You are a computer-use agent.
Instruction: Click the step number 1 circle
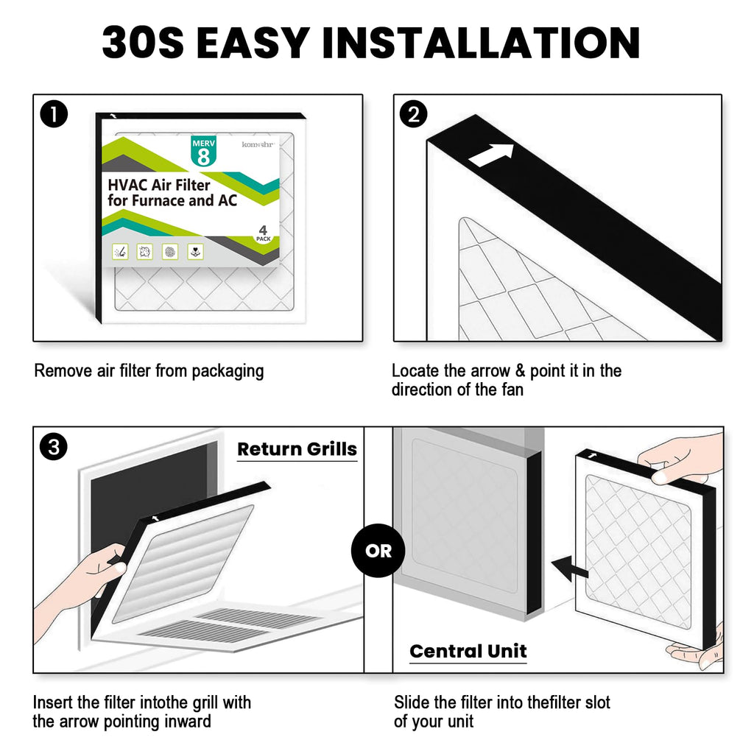pos(54,114)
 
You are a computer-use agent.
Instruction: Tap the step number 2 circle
pos(414,114)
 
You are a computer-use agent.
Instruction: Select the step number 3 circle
pos(53,447)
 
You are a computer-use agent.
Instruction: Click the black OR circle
pos(378,551)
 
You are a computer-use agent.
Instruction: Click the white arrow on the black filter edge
pos(491,155)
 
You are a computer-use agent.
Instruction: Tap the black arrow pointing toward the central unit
pos(570,568)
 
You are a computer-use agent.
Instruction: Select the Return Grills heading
pos(297,448)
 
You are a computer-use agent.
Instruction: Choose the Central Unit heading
pos(468,651)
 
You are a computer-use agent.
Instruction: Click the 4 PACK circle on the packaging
pos(263,233)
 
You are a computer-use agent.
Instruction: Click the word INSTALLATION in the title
pos(481,43)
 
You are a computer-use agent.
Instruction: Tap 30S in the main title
pos(143,43)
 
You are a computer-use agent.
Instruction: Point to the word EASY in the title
pos(253,43)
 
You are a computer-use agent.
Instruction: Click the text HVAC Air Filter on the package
pos(159,185)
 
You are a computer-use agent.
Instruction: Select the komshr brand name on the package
pos(258,144)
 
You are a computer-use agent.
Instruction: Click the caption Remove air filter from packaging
pos(149,371)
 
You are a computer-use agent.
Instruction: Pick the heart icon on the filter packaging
pos(195,252)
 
